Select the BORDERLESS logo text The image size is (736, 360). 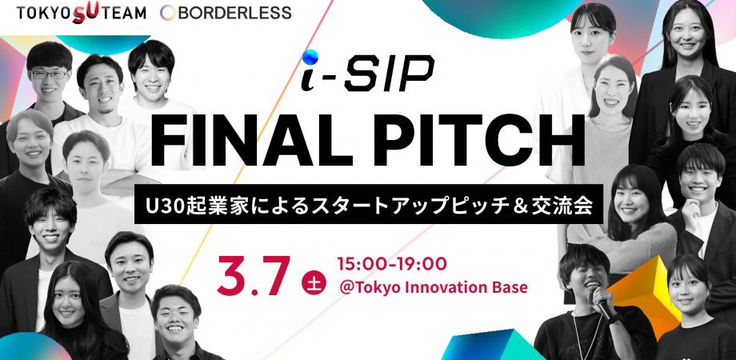(x=234, y=13)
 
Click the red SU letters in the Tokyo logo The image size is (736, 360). (x=86, y=13)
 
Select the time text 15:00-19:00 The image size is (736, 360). (x=392, y=264)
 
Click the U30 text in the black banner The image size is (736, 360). (x=164, y=204)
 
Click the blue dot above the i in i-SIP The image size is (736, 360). (x=310, y=58)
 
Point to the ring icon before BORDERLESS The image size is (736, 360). (x=168, y=13)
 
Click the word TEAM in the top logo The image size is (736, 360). (x=123, y=13)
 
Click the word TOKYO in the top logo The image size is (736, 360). (x=45, y=13)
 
